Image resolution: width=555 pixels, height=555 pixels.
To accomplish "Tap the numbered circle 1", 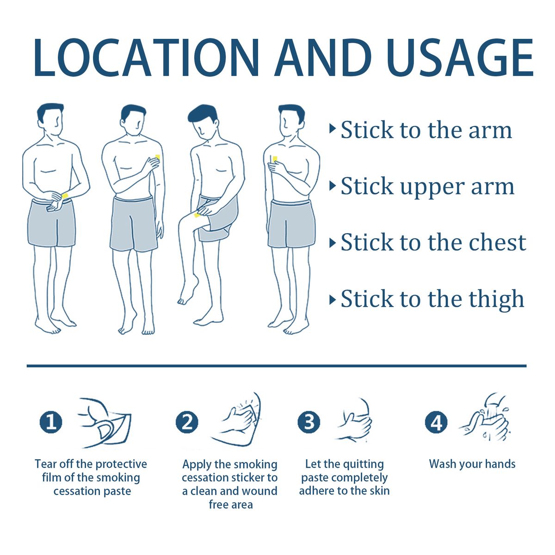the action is [51, 422].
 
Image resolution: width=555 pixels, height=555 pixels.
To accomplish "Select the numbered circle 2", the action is [187, 422].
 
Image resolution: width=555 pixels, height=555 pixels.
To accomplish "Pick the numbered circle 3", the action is [309, 422].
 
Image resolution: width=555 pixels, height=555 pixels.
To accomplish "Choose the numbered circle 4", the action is [436, 422].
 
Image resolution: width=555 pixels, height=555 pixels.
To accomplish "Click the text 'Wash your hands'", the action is [472, 464].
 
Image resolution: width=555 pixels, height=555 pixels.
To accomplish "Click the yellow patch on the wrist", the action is [65, 196].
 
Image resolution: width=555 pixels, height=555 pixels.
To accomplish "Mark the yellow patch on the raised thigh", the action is [197, 215].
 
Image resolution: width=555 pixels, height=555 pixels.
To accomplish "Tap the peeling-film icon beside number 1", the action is [105, 423].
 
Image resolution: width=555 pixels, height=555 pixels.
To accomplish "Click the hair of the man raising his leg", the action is [202, 113].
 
